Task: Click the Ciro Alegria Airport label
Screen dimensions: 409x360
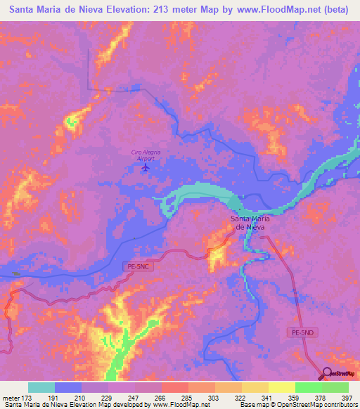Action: tap(143, 155)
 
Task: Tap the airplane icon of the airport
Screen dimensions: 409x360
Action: tap(146, 167)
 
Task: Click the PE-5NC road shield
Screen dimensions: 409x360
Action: tap(140, 267)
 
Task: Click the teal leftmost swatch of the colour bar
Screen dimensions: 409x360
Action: tap(41, 387)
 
